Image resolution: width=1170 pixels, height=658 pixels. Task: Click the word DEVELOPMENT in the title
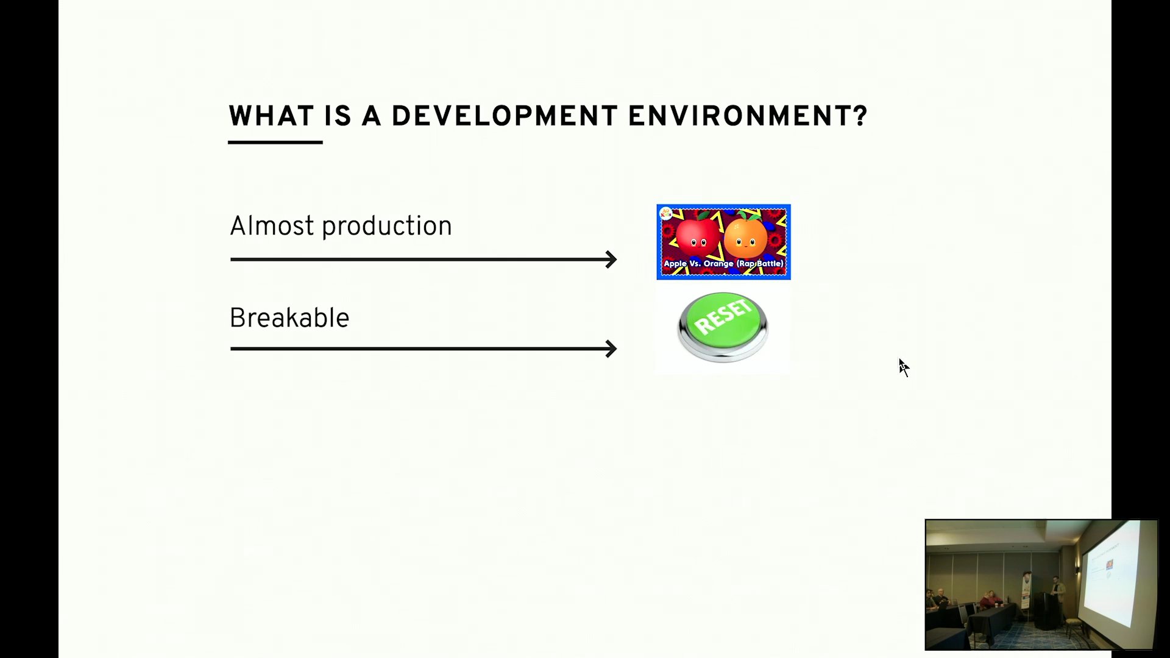pos(505,116)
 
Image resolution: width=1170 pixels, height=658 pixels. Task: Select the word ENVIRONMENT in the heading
pos(740,116)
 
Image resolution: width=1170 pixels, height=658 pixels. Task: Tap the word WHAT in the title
pos(271,116)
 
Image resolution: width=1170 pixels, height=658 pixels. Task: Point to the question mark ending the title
pos(860,116)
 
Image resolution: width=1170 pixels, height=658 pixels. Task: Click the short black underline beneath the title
pos(275,143)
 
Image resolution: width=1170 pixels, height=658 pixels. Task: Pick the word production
pos(387,227)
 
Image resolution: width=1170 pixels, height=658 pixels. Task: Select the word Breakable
pos(289,318)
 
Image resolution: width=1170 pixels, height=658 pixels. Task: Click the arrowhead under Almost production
pos(611,260)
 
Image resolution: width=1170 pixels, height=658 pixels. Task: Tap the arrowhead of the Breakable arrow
pos(611,349)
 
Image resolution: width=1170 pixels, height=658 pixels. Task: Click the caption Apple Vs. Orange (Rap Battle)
pos(723,264)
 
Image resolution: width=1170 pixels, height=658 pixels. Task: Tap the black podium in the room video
pos(1047,611)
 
